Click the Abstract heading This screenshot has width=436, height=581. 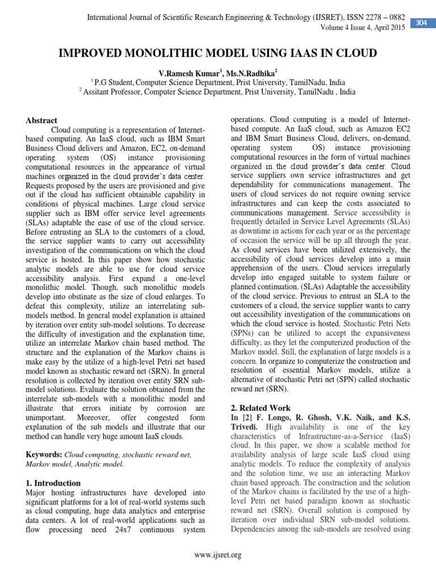[41, 120]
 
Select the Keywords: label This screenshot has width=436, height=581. [44, 454]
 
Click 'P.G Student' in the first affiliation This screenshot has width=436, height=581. [114, 82]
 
